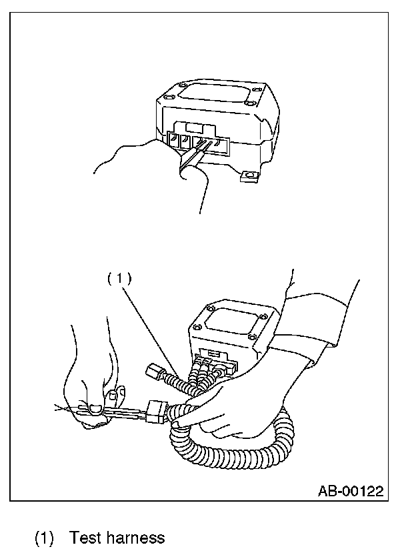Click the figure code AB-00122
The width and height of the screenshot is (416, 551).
(350, 492)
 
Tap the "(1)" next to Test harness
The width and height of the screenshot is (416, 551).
(44, 537)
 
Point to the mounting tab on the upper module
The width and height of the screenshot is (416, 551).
(250, 176)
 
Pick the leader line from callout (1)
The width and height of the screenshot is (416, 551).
(150, 328)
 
